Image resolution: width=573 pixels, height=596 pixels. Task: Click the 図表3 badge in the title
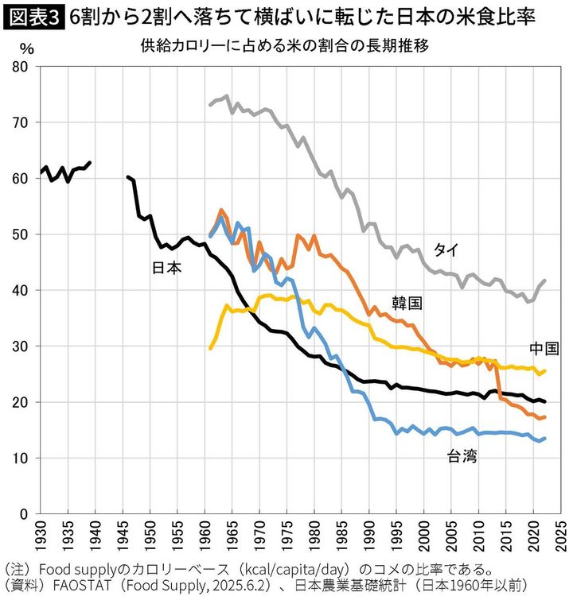click(x=33, y=15)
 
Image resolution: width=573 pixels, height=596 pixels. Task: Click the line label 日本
click(x=166, y=268)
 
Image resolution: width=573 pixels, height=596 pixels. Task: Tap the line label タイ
click(x=445, y=250)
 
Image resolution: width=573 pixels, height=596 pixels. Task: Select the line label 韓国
click(x=406, y=303)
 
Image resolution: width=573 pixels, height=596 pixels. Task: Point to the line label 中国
click(x=544, y=348)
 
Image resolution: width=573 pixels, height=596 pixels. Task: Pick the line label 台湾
click(x=462, y=455)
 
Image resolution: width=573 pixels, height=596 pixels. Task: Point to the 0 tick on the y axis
click(x=26, y=514)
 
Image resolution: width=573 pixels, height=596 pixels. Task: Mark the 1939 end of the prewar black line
click(x=90, y=162)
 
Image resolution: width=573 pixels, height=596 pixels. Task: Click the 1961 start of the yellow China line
click(x=210, y=348)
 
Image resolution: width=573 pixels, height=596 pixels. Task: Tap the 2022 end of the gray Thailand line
click(x=544, y=281)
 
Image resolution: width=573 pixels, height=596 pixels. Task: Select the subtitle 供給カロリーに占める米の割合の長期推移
click(x=284, y=45)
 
